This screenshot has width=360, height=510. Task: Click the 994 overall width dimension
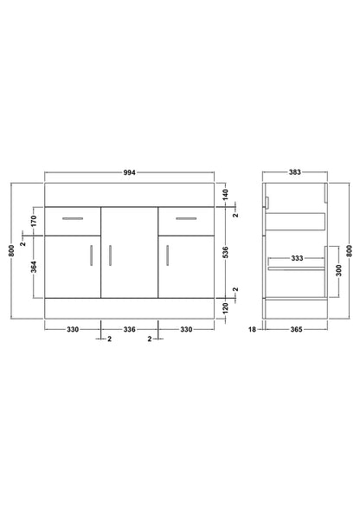coord(129,172)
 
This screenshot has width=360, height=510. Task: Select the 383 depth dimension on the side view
coord(295,172)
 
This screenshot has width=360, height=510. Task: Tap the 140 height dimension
coord(227,194)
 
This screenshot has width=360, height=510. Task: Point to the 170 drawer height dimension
coord(34,221)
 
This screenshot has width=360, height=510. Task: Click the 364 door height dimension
coord(34,267)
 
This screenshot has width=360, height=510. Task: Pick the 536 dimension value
coord(227,252)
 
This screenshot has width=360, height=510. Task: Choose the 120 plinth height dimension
coord(227,307)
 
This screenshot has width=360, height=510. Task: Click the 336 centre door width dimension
coord(129,330)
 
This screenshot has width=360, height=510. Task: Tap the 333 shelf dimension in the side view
coord(297,258)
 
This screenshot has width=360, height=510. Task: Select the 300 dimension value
coord(339,270)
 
